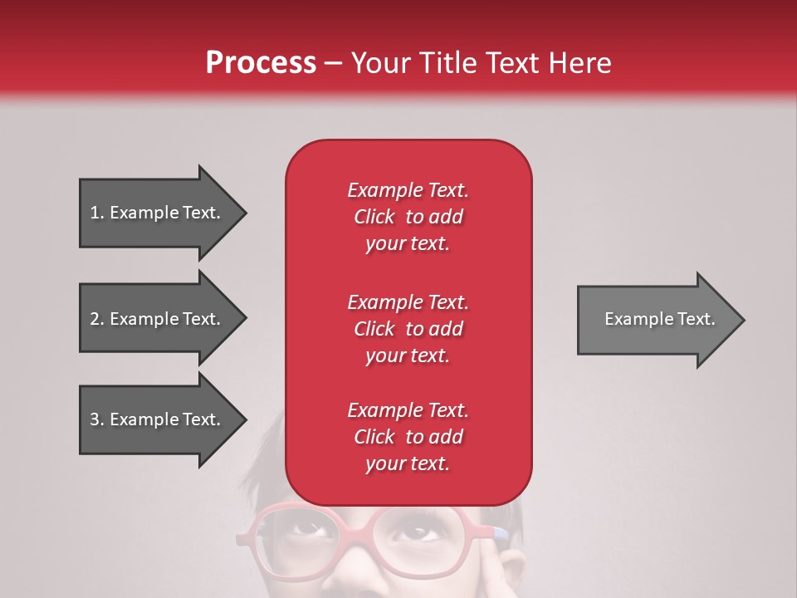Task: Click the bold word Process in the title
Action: [x=261, y=62]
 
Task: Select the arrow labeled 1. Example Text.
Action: [x=158, y=213]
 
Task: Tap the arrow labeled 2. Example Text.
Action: [x=158, y=319]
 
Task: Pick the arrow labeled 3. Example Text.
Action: [x=158, y=419]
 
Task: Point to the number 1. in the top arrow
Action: [x=96, y=213]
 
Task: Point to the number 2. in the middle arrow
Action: [x=96, y=319]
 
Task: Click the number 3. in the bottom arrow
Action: [x=96, y=419]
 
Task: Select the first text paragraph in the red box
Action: [x=408, y=217]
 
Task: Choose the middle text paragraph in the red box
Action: [x=408, y=329]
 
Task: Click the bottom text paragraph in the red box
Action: [x=408, y=437]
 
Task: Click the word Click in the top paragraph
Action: [x=374, y=217]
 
